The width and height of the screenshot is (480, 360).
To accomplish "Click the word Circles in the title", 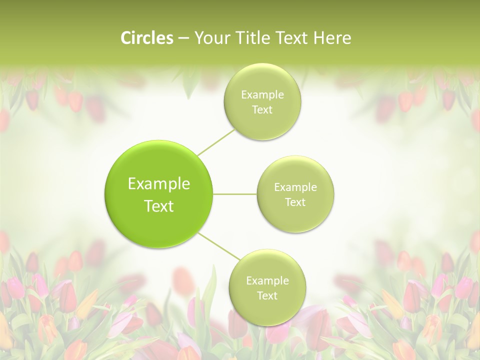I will pyautogui.click(x=147, y=38).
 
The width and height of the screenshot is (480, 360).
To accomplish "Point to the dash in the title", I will pyautogui.click(x=183, y=38).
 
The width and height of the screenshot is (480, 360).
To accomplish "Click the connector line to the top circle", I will pyautogui.click(x=216, y=142).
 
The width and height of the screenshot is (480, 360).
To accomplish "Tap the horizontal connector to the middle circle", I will pyautogui.click(x=235, y=194).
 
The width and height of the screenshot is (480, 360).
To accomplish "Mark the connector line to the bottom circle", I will pyautogui.click(x=219, y=245).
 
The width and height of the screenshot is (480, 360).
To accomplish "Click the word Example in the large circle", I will pyautogui.click(x=159, y=184).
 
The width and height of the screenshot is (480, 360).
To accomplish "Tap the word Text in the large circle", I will pyautogui.click(x=159, y=206).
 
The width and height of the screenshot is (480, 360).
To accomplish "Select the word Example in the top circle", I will pyautogui.click(x=262, y=95).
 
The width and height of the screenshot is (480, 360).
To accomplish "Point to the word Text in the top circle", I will pyautogui.click(x=262, y=110).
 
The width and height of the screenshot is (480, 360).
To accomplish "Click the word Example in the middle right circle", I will pyautogui.click(x=295, y=187).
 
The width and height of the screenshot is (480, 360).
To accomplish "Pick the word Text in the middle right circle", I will pyautogui.click(x=295, y=202).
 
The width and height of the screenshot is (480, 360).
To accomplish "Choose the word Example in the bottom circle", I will pyautogui.click(x=267, y=281).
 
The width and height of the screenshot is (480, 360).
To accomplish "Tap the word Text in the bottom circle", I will pyautogui.click(x=267, y=296).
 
